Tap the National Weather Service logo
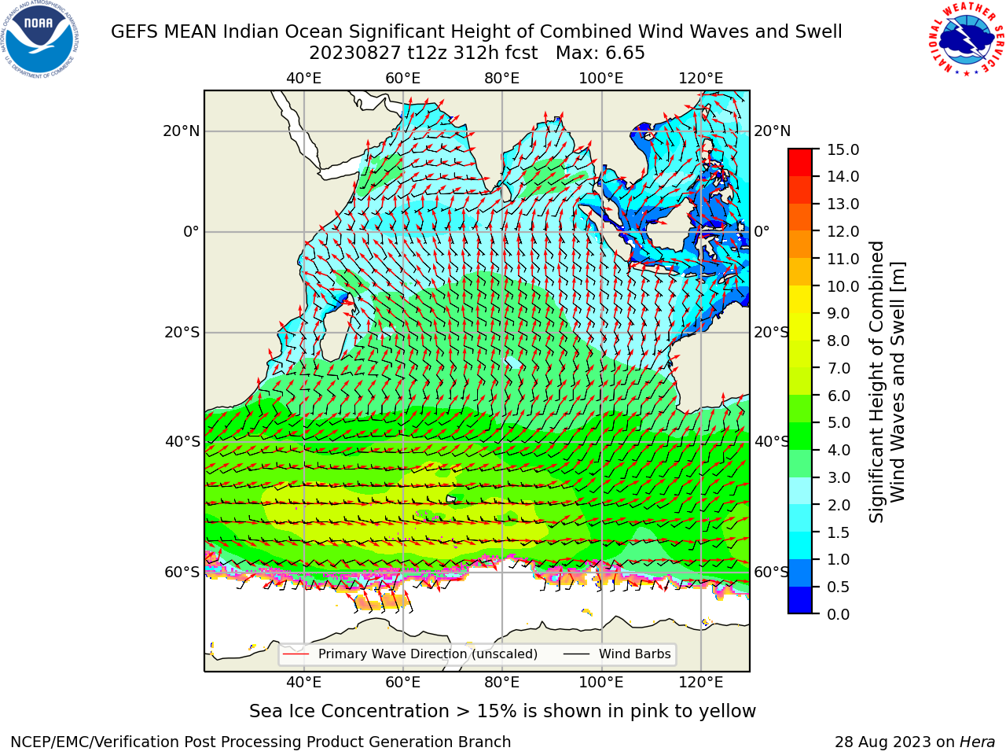(x=966, y=39)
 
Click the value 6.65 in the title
(x=624, y=53)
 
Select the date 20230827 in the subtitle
(x=355, y=53)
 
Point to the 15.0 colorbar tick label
(x=843, y=150)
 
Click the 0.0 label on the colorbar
(x=839, y=614)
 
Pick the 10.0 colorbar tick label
(x=843, y=286)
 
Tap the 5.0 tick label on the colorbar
(x=839, y=422)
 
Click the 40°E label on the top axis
(x=303, y=79)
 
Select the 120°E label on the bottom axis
(x=700, y=683)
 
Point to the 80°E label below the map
(x=502, y=683)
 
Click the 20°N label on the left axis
(x=182, y=131)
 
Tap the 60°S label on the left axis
(x=182, y=572)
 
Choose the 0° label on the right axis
(x=762, y=231)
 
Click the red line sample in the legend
(x=296, y=654)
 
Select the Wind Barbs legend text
(x=635, y=654)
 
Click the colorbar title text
(x=887, y=381)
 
